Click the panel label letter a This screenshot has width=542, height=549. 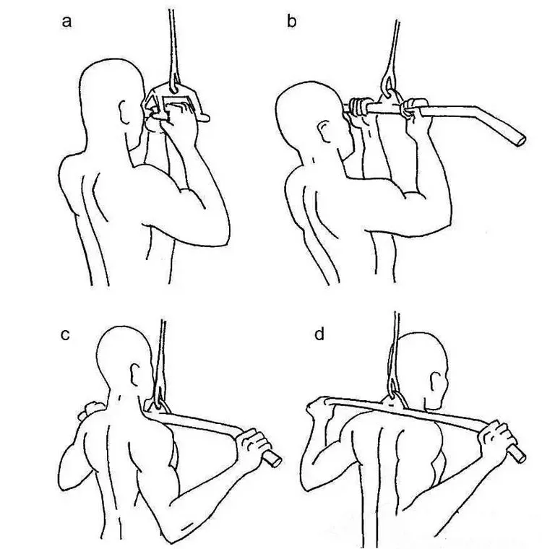click(x=67, y=22)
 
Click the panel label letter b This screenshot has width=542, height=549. click(x=291, y=22)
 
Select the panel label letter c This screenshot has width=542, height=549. click(x=66, y=337)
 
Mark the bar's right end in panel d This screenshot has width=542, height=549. click(x=517, y=453)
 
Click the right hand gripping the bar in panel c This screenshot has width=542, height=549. click(x=252, y=444)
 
